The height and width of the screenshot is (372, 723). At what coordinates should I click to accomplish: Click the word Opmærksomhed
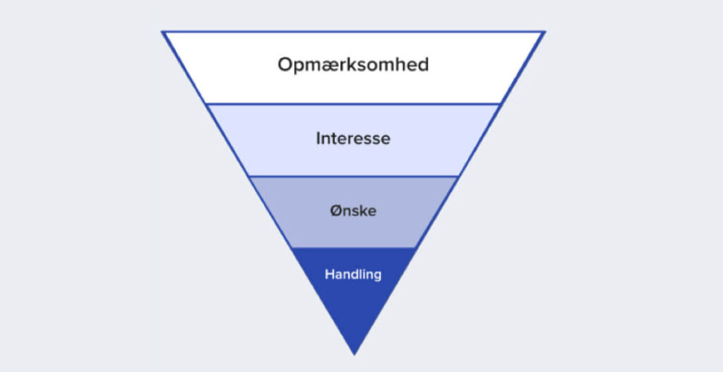click(353, 66)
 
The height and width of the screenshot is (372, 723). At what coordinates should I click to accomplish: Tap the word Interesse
click(353, 138)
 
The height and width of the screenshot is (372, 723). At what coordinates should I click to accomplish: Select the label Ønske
click(353, 211)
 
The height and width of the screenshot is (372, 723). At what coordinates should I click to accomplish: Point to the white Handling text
click(353, 275)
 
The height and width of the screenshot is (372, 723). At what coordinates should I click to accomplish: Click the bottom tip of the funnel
click(354, 355)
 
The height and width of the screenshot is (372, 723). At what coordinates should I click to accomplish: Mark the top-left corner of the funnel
click(162, 31)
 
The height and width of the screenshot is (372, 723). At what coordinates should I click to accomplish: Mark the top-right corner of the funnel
click(546, 31)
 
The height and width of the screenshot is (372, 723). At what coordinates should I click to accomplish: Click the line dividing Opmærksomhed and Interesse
click(353, 104)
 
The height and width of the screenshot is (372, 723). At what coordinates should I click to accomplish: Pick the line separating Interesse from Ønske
click(353, 176)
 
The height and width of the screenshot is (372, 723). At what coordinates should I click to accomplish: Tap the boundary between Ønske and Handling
click(353, 248)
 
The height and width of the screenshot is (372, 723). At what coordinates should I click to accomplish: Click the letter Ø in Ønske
click(335, 211)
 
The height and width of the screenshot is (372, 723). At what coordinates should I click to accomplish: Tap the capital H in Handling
click(330, 275)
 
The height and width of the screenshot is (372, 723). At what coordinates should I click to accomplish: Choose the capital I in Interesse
click(318, 138)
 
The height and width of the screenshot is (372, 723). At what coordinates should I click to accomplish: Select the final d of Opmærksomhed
click(422, 64)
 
